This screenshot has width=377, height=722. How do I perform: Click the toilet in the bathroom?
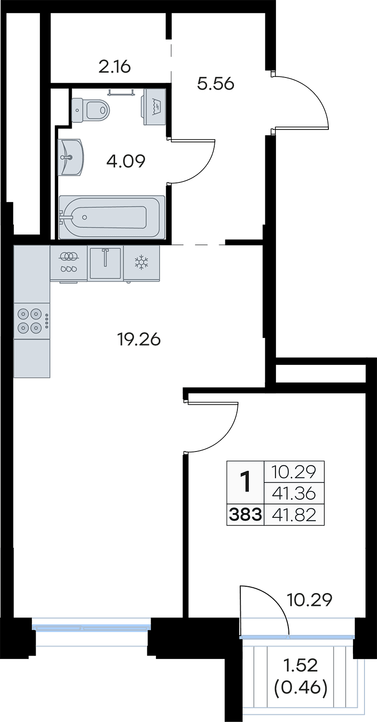point(91,110)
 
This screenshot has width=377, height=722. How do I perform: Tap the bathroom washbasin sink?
point(71,157)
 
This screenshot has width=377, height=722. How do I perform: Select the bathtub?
point(112,217)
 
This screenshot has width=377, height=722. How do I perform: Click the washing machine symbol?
point(155,106)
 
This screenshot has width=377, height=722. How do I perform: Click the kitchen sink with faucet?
point(105,263)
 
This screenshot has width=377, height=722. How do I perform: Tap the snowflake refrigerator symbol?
point(141,263)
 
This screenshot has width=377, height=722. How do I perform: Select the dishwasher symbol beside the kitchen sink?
point(69,263)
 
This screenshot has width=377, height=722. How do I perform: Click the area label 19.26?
point(139,339)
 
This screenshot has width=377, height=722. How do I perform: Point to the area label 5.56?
point(215,84)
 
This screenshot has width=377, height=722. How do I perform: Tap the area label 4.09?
point(126,161)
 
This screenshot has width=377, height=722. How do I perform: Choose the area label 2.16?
point(115,67)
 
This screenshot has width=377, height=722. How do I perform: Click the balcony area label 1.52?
point(300,666)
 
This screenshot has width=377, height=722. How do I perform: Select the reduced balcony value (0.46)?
point(300,688)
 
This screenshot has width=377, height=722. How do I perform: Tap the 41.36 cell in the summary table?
point(294,493)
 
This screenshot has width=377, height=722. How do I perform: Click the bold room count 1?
point(246,481)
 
